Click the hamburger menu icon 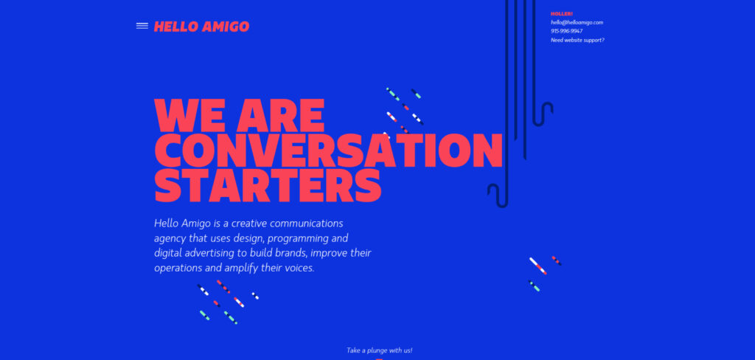tap(142, 27)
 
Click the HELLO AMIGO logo tap(201, 27)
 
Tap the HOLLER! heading tap(561, 13)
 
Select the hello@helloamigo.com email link tap(577, 22)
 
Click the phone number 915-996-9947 tap(566, 31)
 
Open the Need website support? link tap(577, 40)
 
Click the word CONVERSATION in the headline tap(328, 150)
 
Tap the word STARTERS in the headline tap(268, 185)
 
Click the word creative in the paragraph tap(250, 223)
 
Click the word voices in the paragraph tap(298, 269)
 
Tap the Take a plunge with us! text tap(384, 350)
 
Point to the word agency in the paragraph tap(170, 239)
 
